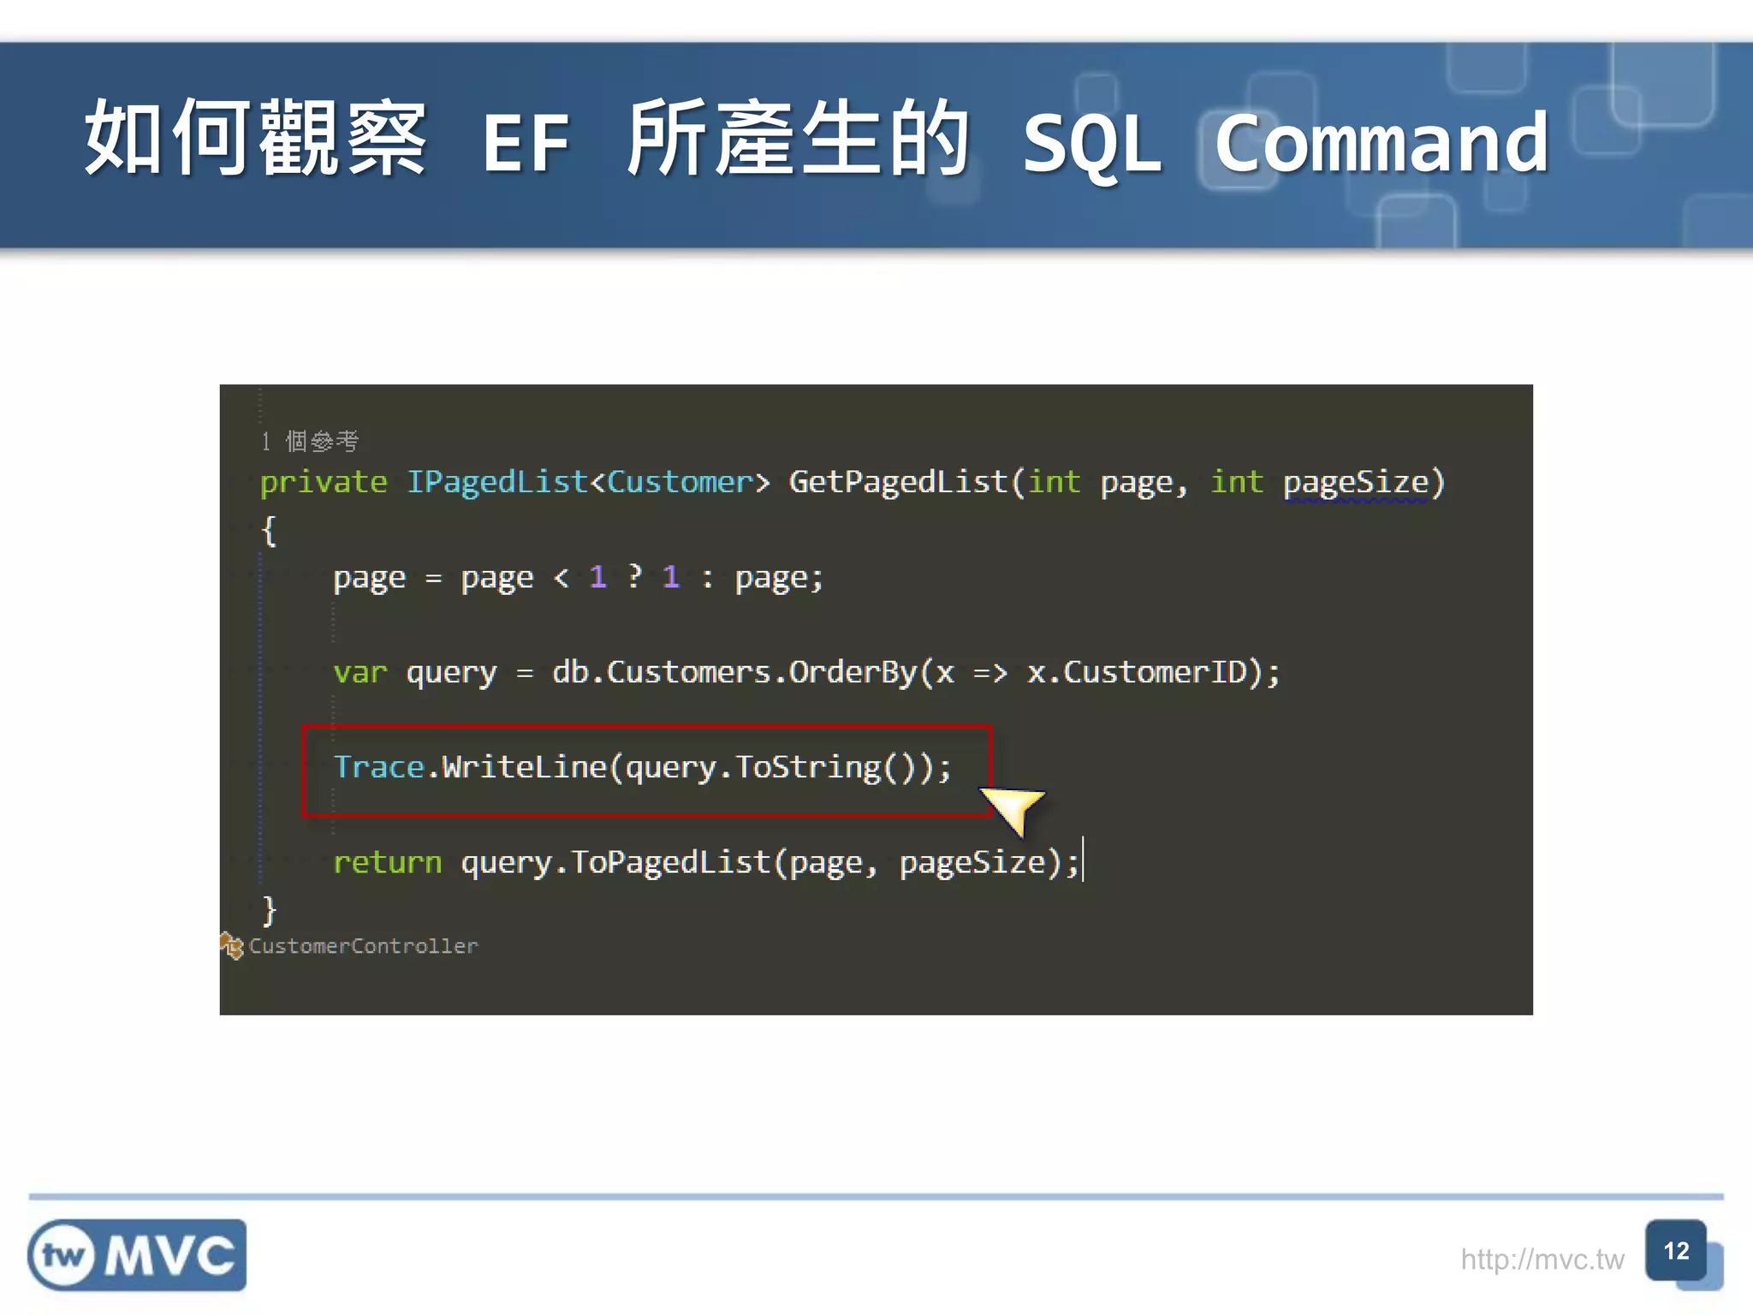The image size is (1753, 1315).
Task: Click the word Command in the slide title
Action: pos(1381,144)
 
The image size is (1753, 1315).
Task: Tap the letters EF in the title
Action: pos(526,144)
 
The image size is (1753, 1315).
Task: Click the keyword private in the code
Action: pos(324,482)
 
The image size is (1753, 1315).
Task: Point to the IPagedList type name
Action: pos(496,482)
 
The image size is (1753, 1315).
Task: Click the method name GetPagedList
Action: pos(898,482)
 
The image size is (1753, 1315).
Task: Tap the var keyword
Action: pos(360,673)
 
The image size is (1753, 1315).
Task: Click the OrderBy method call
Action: pos(853,673)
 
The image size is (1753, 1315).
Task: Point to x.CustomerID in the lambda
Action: pos(1137,673)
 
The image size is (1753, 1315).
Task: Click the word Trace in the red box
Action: pos(378,767)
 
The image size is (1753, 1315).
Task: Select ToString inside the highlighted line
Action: pos(808,767)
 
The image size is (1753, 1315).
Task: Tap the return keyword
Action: pos(387,862)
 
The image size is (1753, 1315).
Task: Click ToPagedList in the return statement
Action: pos(671,862)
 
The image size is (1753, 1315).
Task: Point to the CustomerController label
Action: pos(363,946)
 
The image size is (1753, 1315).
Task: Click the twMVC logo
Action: pos(137,1255)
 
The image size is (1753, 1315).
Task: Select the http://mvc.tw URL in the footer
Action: pos(1542,1259)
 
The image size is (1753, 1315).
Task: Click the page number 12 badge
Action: pos(1676,1252)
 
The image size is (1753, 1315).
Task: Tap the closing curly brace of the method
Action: pos(270,909)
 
